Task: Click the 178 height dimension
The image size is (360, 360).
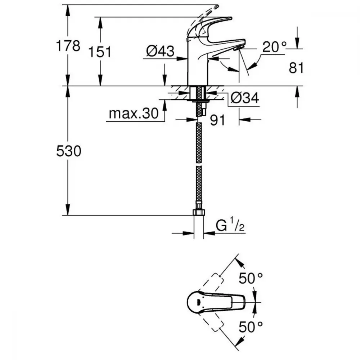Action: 68,46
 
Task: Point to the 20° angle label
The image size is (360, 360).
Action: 274,47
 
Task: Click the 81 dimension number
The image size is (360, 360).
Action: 296,68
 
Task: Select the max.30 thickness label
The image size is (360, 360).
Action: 134,114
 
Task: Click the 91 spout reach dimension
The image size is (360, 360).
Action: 217,120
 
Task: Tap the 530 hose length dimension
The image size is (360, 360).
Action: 68,152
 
